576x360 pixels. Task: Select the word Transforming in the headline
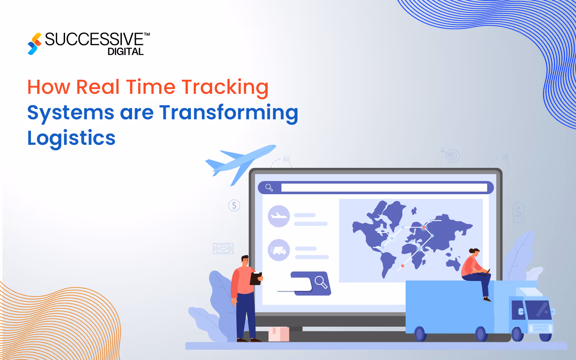[x=228, y=113]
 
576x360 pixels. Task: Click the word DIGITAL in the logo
[x=125, y=52]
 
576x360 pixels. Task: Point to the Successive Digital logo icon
[x=35, y=44]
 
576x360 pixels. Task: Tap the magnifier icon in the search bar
[x=269, y=188]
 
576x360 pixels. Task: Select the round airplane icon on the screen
[x=279, y=216]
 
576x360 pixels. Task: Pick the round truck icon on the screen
[x=279, y=250]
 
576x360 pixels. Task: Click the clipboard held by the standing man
[x=256, y=279]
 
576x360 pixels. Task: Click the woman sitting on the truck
[x=475, y=272]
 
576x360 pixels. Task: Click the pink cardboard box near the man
[x=279, y=334]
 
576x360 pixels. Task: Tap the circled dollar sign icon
[x=234, y=205]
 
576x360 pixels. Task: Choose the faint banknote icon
[x=223, y=249]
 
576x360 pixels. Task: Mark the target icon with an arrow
[x=452, y=156]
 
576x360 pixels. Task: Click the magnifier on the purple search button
[x=321, y=282]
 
